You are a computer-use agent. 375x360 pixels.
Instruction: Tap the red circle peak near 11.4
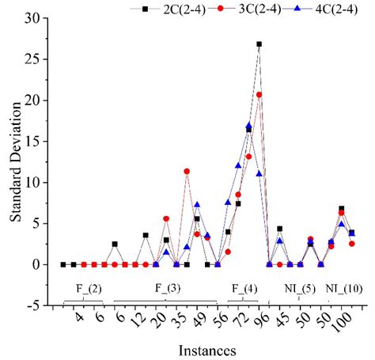187,171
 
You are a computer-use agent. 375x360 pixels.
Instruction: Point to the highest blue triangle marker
248,125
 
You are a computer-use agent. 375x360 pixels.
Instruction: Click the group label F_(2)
84,288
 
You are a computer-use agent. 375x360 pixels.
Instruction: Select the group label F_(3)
165,288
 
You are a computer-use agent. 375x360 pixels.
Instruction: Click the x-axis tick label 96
258,318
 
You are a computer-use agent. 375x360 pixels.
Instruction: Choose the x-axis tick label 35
176,318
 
